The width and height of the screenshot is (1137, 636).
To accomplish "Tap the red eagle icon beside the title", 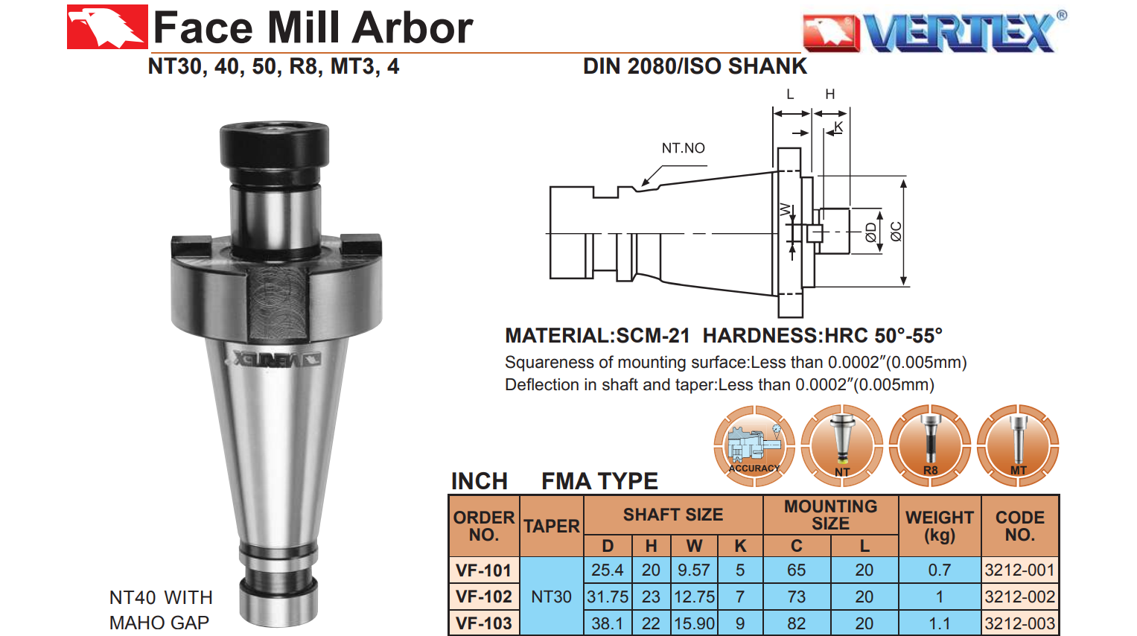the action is pos(107,27).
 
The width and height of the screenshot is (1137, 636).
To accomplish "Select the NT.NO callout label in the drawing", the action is pos(683,148).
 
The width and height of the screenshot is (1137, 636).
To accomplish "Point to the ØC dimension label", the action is pos(896,232).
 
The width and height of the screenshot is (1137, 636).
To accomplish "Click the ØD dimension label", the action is pos(871,232).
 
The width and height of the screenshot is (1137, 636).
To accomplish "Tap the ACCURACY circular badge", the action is pos(754,445).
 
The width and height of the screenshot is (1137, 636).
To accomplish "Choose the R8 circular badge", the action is pos(930,445).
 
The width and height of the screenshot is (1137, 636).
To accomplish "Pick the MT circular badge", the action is pos(1018,445).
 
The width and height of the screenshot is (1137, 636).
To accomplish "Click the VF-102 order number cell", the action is pos(484,597).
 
